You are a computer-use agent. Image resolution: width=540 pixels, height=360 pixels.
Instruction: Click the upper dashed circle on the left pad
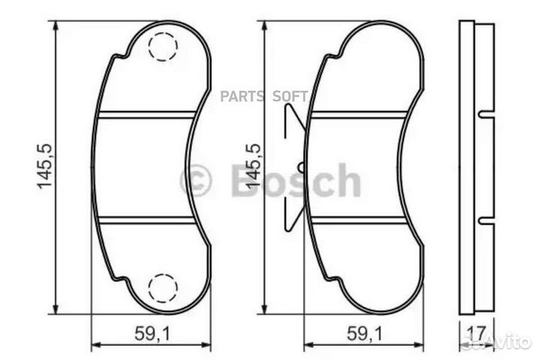point(162,48)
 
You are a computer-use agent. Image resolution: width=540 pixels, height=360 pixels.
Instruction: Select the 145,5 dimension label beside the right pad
point(252,166)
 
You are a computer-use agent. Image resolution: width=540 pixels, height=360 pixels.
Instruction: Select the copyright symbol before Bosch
point(196,181)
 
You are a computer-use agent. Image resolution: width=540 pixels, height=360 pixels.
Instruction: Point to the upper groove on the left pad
point(146,115)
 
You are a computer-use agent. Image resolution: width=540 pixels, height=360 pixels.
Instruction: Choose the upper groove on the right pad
point(359,115)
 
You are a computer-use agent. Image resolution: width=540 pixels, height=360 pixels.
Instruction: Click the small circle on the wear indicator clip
point(301,166)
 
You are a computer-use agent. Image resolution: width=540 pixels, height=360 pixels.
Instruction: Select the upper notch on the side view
point(481,115)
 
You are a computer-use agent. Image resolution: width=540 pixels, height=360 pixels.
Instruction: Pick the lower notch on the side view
point(481,220)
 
